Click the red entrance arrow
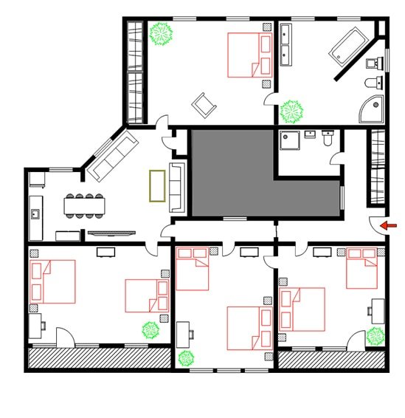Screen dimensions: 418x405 [387, 225]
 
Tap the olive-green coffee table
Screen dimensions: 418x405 [156, 185]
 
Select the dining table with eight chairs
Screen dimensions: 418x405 [84, 205]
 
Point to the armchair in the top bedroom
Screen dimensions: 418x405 [204, 105]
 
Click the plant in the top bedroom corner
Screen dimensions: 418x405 [161, 34]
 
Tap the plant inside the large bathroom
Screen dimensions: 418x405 [291, 112]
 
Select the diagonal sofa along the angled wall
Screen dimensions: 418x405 [111, 157]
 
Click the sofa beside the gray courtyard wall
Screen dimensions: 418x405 [178, 187]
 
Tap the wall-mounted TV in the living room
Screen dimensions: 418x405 [111, 233]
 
